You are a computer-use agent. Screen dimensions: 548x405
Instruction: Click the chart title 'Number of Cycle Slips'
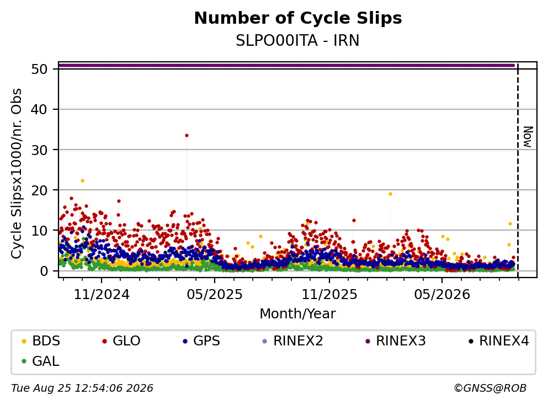(x=298, y=18)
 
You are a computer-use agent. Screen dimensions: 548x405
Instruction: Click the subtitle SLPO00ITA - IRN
(x=297, y=40)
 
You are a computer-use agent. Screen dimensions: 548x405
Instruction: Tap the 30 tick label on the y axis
(x=39, y=150)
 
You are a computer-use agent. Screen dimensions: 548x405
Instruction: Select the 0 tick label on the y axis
(x=44, y=271)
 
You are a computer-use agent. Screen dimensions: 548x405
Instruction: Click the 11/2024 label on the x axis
(x=102, y=295)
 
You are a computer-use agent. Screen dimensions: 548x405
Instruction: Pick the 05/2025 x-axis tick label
(x=215, y=295)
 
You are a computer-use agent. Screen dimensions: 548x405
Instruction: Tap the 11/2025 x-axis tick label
(x=329, y=295)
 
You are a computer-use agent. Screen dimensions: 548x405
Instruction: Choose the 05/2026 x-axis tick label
(x=442, y=295)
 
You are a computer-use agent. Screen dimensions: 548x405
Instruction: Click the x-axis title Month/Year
(x=297, y=314)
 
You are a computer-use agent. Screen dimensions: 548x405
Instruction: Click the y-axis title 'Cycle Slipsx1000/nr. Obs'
(x=17, y=174)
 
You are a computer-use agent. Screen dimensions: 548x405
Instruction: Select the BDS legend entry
(x=41, y=340)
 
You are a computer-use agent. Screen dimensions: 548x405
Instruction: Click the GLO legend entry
(x=121, y=340)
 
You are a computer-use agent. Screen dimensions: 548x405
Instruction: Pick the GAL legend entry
(x=40, y=361)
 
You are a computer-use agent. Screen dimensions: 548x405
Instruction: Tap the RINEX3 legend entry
(x=396, y=340)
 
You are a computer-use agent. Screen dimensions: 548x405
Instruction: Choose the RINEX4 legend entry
(x=499, y=340)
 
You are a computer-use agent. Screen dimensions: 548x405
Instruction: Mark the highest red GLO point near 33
(x=187, y=136)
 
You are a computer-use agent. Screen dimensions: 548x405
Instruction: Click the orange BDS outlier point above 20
(x=82, y=180)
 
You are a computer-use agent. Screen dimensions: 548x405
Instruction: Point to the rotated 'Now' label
(x=528, y=137)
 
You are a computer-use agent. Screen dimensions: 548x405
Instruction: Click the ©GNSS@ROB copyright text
(x=490, y=388)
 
